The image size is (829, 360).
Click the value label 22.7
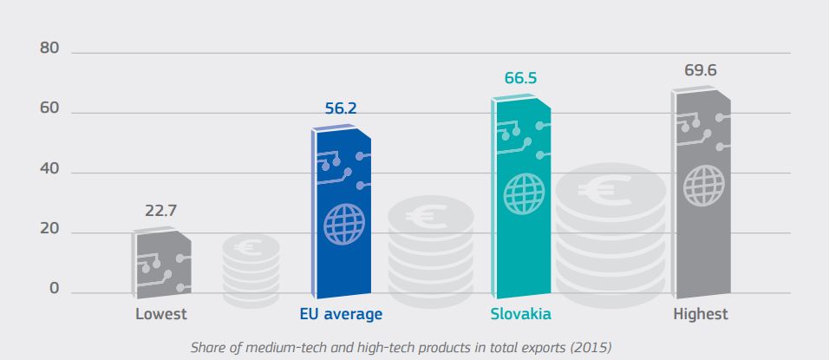coord(162,210)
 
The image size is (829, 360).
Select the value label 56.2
coord(341,109)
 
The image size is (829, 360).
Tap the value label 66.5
coord(520,78)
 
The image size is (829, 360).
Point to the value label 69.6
coord(701,69)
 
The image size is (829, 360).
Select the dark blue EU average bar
coord(341,213)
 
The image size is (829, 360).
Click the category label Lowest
coord(161,314)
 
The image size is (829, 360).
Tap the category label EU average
coord(341,314)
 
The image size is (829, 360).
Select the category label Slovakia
coord(520,314)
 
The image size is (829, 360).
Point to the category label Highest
coord(701,314)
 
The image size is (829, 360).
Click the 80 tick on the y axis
coord(49,49)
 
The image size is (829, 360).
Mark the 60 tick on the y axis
coord(49,110)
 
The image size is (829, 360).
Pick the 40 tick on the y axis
coord(49,171)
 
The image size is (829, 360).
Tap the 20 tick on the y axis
coord(49,231)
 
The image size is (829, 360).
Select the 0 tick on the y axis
coord(54,289)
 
